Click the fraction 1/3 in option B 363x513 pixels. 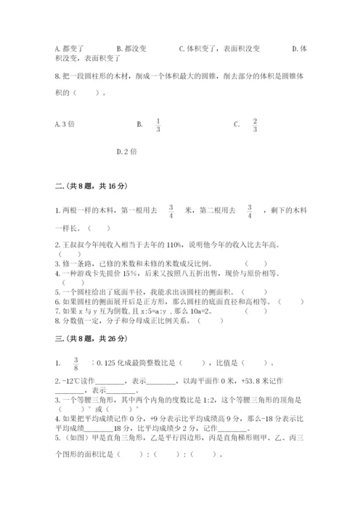[158, 124]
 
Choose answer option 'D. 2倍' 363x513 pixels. [126, 152]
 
